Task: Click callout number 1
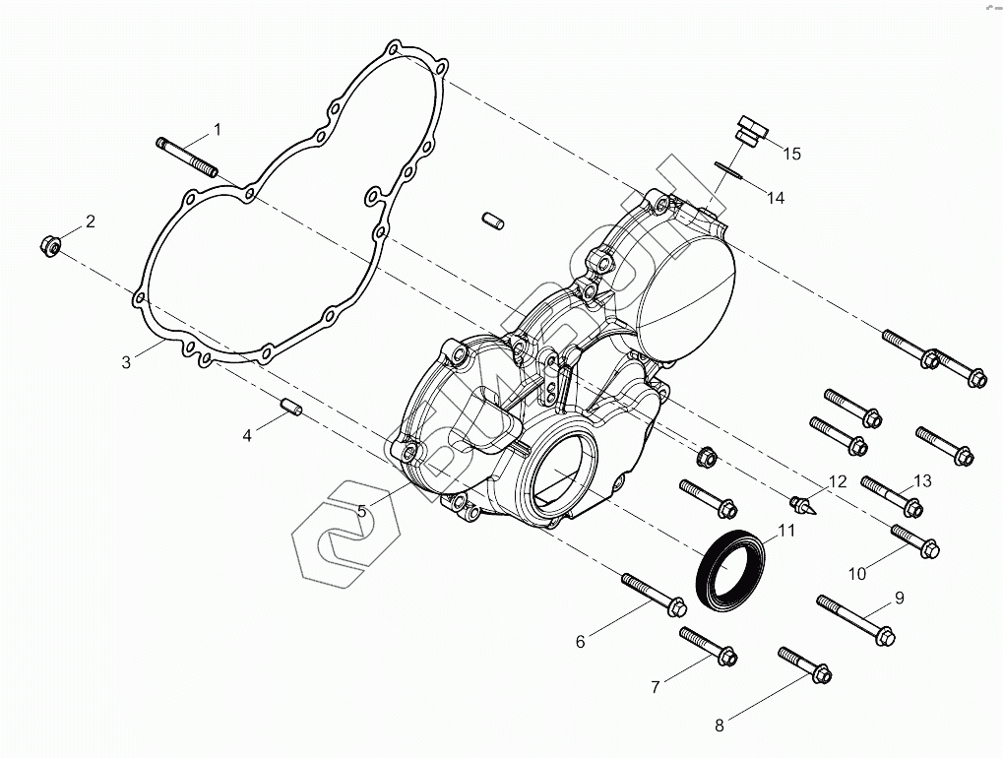coord(218,129)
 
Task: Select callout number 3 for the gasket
coord(126,362)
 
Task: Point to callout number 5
coord(362,511)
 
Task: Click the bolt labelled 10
coord(914,539)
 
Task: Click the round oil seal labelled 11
coord(729,568)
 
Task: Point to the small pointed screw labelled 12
coord(804,506)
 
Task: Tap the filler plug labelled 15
coord(749,131)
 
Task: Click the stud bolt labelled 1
coord(186,157)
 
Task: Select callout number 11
coord(786,532)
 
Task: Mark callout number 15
coord(791,154)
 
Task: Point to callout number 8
coord(720,726)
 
